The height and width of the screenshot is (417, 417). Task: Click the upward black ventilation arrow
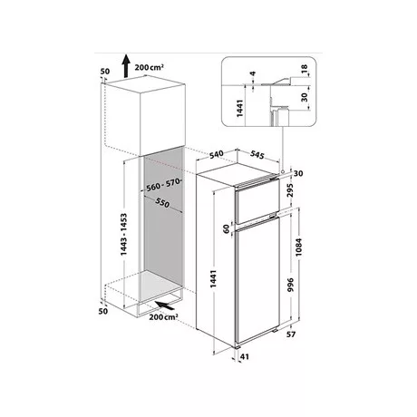[126, 66]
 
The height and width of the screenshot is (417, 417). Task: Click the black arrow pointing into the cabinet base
[165, 305]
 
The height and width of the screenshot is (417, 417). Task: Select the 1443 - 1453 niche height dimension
[124, 235]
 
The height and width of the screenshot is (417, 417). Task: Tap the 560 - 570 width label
[163, 185]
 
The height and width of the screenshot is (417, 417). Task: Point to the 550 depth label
[162, 203]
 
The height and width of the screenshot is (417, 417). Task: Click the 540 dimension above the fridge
[217, 154]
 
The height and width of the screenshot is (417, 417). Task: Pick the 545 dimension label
[257, 154]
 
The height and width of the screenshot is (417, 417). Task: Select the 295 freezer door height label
[290, 190]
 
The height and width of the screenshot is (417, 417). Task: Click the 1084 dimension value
[298, 247]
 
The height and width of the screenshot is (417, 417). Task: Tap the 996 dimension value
[290, 285]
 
